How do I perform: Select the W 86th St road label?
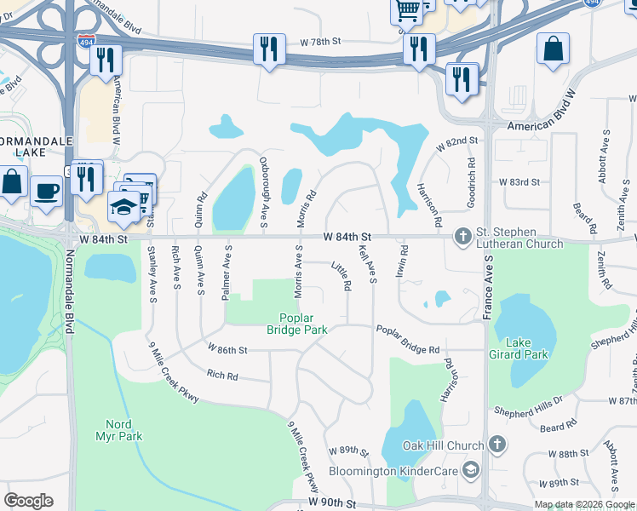[227, 349]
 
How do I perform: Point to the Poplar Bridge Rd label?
[407, 340]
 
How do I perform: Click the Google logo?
[28, 501]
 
